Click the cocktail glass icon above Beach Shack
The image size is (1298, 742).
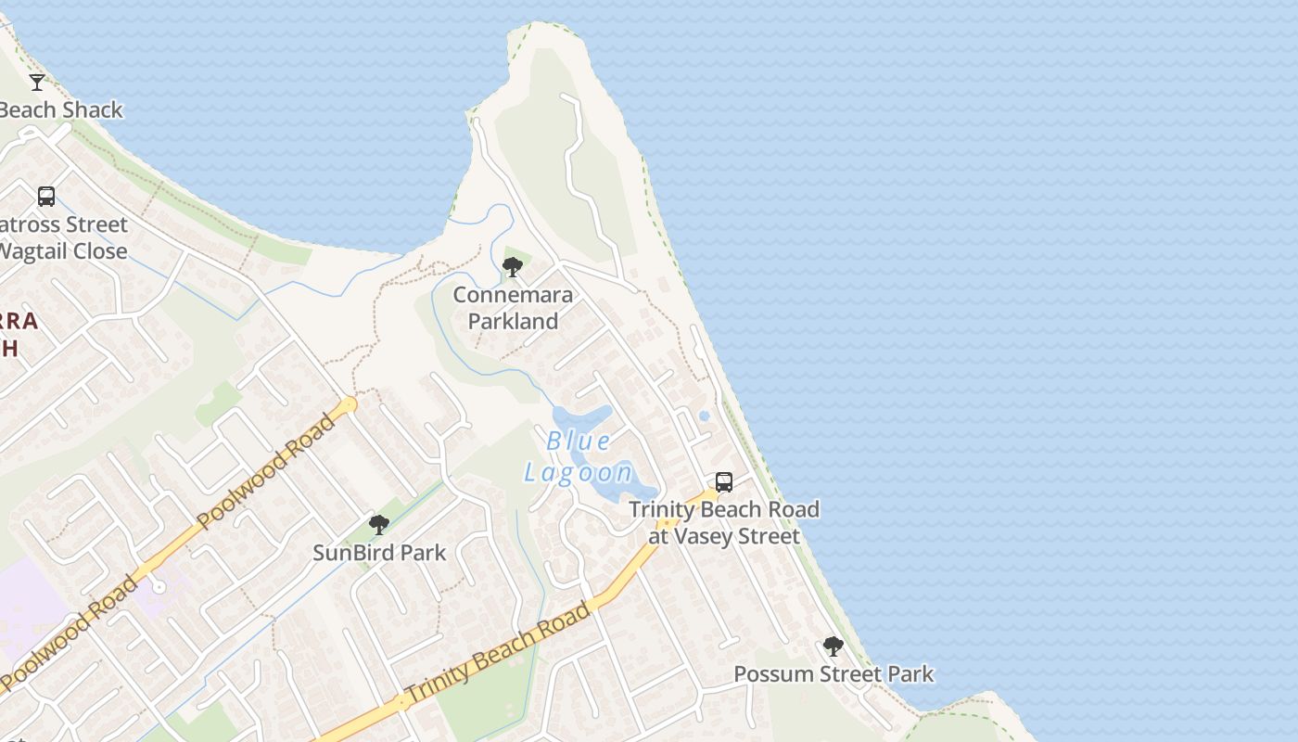pyautogui.click(x=37, y=83)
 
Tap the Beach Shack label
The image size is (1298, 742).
pyautogui.click(x=60, y=109)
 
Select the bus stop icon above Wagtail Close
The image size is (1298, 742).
pyautogui.click(x=46, y=197)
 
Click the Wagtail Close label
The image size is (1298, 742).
pyautogui.click(x=62, y=251)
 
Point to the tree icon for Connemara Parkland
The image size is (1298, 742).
pyautogui.click(x=512, y=268)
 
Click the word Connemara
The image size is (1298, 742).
pyautogui.click(x=513, y=295)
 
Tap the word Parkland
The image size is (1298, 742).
pyautogui.click(x=513, y=321)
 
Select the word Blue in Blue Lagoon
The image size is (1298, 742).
pyautogui.click(x=579, y=441)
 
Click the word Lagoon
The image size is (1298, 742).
pyautogui.click(x=579, y=473)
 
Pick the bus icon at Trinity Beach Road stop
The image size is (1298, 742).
pyautogui.click(x=724, y=482)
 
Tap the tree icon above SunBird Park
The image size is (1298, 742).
pyautogui.click(x=378, y=526)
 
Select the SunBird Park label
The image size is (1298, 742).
pyautogui.click(x=379, y=553)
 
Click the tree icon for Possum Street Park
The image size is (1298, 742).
pyautogui.click(x=834, y=646)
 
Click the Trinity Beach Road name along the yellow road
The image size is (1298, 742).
pyautogui.click(x=498, y=652)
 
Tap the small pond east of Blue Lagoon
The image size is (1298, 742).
pyautogui.click(x=704, y=416)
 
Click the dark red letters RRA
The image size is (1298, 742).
pyautogui.click(x=19, y=322)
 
